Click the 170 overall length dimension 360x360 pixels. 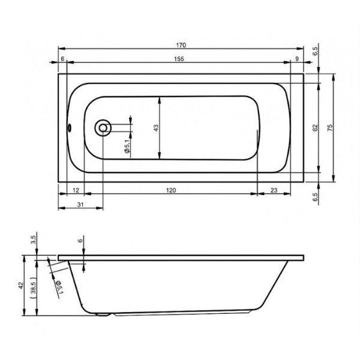181,45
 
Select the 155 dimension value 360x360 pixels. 179,59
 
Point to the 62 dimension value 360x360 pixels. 315,128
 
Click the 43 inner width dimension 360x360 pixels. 155,128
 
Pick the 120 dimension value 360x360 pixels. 171,190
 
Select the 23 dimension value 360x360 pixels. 274,190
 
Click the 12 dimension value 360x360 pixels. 76,190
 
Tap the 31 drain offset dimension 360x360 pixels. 80,205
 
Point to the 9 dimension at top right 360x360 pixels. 297,59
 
